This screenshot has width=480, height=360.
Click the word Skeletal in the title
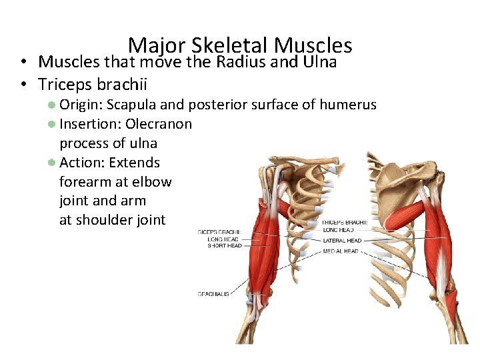(229, 45)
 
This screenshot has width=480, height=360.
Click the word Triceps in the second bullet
(65, 85)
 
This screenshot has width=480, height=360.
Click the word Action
(81, 163)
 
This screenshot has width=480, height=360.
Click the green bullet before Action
(51, 162)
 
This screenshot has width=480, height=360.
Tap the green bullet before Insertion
(51, 123)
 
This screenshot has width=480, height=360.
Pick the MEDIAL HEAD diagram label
(341, 251)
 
